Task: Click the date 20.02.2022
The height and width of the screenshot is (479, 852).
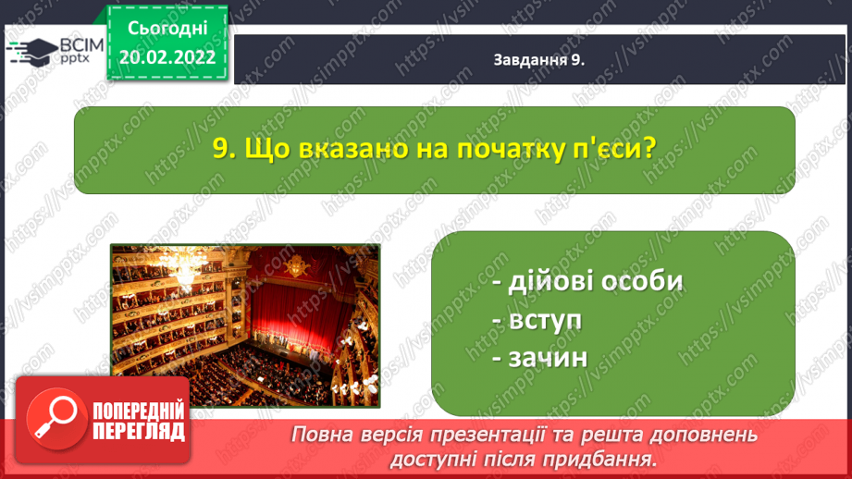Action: pos(167,57)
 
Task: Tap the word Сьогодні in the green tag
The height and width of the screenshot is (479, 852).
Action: pos(167,29)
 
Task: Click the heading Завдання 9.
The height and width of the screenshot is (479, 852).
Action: pos(539,60)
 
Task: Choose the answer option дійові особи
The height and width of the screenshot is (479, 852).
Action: pos(587,281)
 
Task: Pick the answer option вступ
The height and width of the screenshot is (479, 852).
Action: pos(537,321)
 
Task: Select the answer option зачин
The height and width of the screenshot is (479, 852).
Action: pos(540,358)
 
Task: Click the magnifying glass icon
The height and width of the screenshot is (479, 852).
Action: pos(56,419)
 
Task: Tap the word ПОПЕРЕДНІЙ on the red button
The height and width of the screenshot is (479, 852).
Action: pos(139,411)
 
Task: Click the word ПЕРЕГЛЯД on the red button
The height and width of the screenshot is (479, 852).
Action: pos(139,431)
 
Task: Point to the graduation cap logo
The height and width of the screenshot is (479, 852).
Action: pos(32,52)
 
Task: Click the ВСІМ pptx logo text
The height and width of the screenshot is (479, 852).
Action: pos(81,51)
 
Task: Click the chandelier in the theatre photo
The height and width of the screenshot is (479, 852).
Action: pos(185,269)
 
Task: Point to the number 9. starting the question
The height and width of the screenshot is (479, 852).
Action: pos(224,148)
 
